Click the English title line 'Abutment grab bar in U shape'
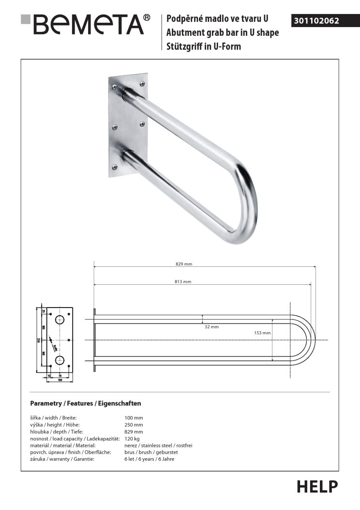click(222, 33)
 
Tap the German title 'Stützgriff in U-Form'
click(203, 46)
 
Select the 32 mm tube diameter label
click(211, 327)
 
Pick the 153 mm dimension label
click(262, 333)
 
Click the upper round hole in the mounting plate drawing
click(60, 320)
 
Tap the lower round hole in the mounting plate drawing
click(60, 360)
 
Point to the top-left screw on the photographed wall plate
click(114, 87)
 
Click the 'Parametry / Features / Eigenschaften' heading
click(86, 403)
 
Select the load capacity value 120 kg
click(132, 438)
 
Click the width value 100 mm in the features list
click(134, 417)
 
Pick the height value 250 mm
click(134, 424)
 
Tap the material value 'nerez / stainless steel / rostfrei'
click(158, 445)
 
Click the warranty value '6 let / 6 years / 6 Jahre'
click(149, 459)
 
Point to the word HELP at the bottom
click(317, 486)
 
